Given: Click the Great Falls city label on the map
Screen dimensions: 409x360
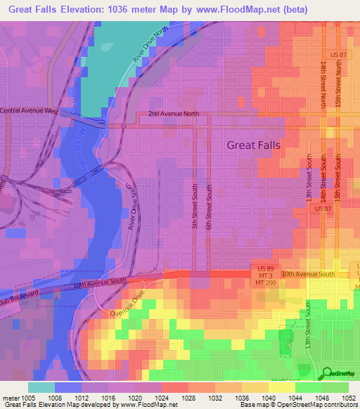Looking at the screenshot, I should [253, 145].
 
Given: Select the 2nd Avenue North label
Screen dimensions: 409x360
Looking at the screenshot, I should [174, 114].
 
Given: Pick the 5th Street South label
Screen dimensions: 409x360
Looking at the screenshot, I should [195, 206].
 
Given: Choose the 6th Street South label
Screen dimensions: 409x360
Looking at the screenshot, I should [209, 206].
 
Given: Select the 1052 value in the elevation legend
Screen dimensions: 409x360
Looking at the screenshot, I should [349, 398].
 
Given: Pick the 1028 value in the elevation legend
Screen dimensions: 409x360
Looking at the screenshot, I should [188, 398].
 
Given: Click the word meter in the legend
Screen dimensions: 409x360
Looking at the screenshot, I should [11, 398].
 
